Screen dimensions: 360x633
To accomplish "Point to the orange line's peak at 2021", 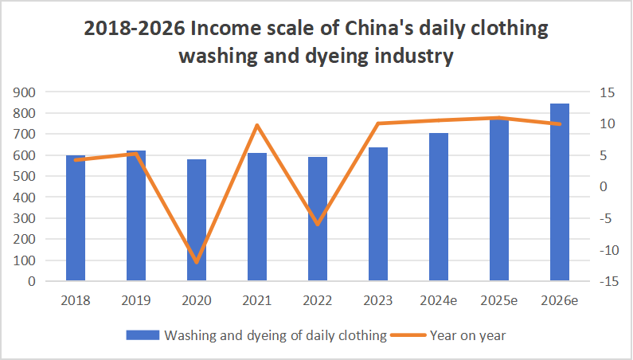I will tap(257, 125).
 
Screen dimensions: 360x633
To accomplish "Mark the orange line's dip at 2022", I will tap(318, 224).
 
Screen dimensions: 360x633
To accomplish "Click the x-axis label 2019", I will tap(136, 301).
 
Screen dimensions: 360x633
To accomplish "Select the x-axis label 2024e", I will tap(439, 301).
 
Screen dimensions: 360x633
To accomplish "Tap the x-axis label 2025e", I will tap(499, 301).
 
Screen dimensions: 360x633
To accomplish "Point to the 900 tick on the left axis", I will tap(26, 92).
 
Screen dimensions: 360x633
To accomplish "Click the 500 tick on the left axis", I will tap(26, 176).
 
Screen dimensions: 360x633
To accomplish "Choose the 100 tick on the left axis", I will tap(26, 260).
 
